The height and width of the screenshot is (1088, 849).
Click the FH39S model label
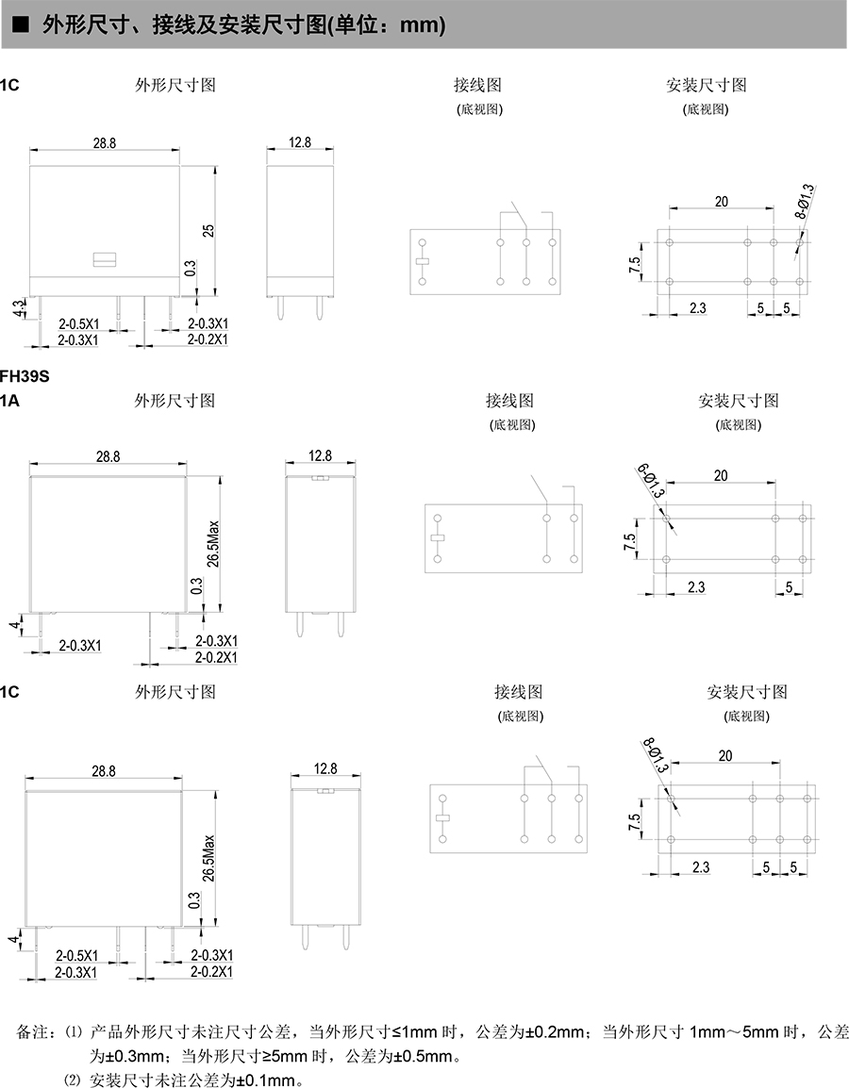coord(24,376)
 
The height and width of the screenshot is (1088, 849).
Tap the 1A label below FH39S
coord(9,401)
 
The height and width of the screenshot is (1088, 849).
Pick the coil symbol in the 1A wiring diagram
coord(437,538)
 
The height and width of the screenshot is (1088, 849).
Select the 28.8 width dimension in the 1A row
coord(108,456)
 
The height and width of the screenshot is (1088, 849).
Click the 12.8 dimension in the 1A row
coord(321,456)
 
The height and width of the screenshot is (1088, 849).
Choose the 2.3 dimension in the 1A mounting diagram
coord(696,586)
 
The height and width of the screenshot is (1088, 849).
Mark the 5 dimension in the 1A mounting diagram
coord(789,586)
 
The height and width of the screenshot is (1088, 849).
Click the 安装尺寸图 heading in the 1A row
coord(739,401)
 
